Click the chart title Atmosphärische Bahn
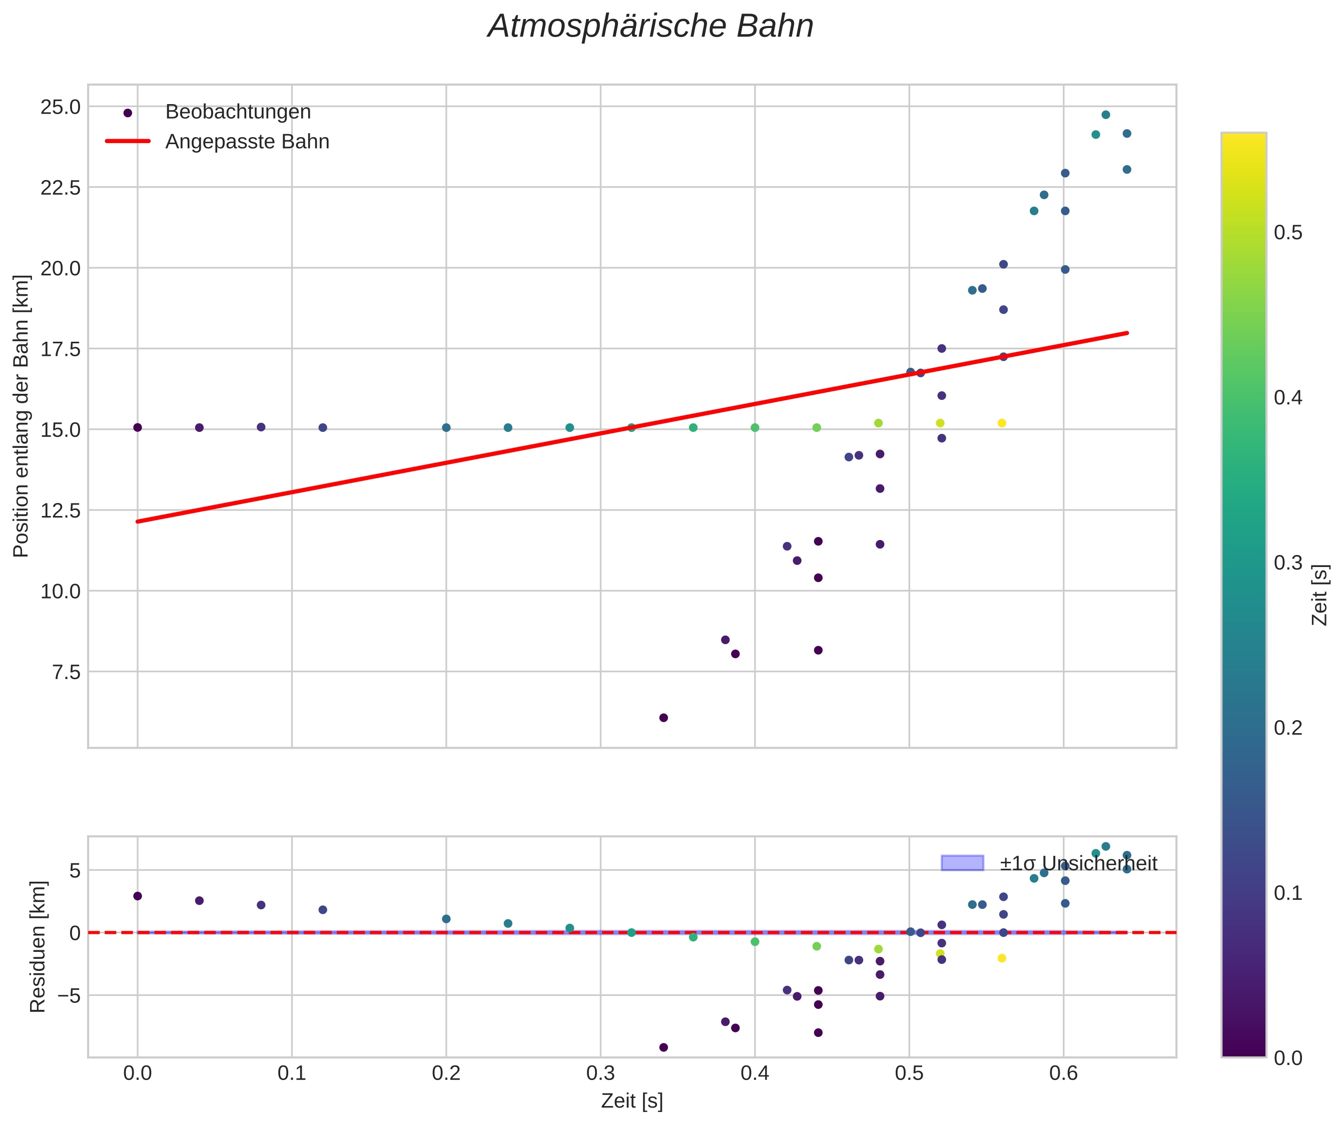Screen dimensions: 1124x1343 [x=650, y=27]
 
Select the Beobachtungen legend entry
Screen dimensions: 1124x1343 [x=237, y=112]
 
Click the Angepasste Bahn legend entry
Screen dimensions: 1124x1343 [x=247, y=142]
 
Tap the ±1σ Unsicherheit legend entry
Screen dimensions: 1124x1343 [x=1078, y=864]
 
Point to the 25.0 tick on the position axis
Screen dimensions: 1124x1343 [x=61, y=107]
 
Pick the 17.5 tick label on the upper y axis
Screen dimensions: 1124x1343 [x=61, y=349]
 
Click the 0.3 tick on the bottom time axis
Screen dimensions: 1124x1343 [x=600, y=1073]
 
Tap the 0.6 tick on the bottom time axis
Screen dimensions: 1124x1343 [x=1063, y=1073]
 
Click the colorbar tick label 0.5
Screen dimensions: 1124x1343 [x=1288, y=232]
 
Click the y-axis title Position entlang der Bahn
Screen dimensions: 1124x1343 [x=21, y=416]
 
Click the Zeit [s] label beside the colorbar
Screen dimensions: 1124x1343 [x=1320, y=595]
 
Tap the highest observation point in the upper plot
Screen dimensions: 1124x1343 [x=1106, y=115]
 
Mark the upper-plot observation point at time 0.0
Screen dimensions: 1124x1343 [x=138, y=427]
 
